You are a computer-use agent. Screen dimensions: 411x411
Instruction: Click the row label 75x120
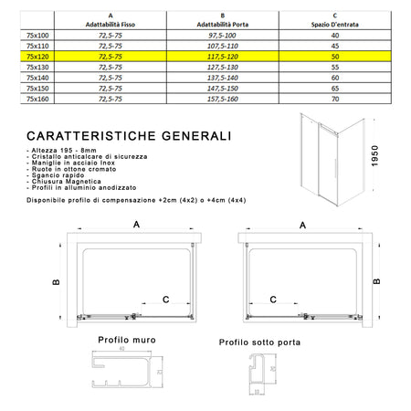pyautogui.click(x=38, y=55)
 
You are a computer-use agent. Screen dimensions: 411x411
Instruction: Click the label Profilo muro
pyautogui.click(x=128, y=341)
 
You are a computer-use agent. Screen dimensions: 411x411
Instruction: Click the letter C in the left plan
pyautogui.click(x=164, y=299)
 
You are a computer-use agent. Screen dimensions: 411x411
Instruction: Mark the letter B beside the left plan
pyautogui.click(x=57, y=281)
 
